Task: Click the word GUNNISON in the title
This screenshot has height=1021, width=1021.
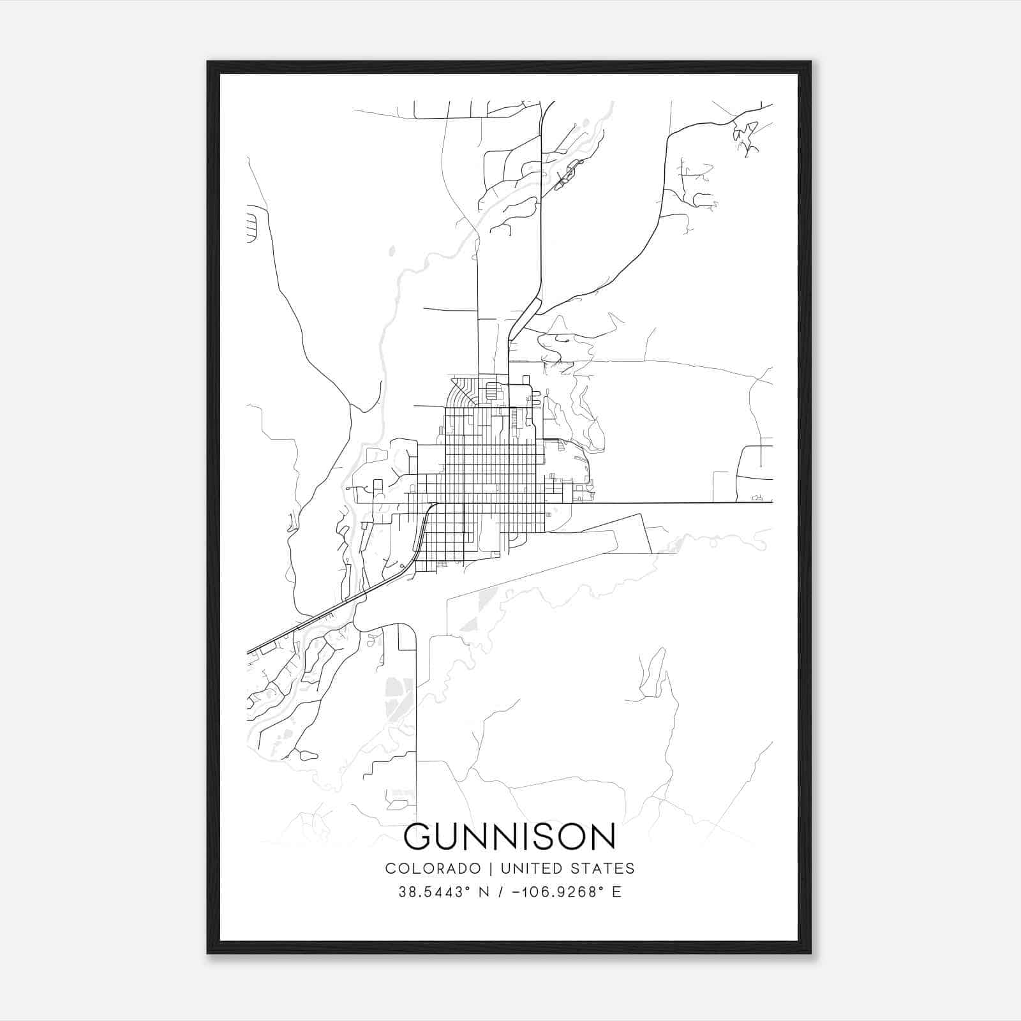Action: click(x=510, y=837)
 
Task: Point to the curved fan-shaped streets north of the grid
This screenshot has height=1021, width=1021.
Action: click(x=462, y=392)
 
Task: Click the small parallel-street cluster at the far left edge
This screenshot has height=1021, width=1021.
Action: click(x=251, y=224)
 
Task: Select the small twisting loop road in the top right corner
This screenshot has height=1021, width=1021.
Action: click(x=744, y=137)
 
